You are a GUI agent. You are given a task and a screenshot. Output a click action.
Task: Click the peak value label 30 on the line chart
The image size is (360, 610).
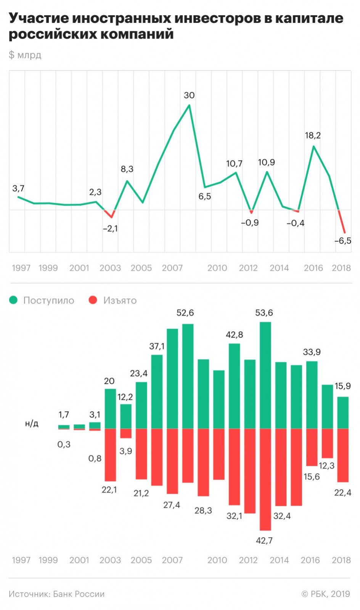click(x=189, y=95)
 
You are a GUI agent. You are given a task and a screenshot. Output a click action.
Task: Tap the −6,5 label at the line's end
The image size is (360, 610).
click(x=342, y=241)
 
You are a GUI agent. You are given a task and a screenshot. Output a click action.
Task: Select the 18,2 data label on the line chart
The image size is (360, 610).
click(x=313, y=135)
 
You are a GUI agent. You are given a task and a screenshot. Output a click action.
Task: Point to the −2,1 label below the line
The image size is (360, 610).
click(x=110, y=229)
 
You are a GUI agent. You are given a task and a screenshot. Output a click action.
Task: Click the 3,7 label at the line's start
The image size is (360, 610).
click(x=18, y=188)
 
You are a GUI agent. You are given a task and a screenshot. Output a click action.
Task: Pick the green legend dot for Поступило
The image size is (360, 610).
click(x=14, y=300)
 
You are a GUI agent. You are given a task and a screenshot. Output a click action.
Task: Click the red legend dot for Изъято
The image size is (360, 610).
click(x=93, y=300)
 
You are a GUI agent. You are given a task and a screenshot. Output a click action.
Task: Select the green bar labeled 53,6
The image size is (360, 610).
click(x=265, y=376)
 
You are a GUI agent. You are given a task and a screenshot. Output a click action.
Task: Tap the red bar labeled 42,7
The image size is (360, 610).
click(x=265, y=479)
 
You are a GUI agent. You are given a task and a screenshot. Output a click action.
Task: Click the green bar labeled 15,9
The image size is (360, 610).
click(x=343, y=413)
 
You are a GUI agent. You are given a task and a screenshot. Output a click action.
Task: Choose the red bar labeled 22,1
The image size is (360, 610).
click(x=110, y=455)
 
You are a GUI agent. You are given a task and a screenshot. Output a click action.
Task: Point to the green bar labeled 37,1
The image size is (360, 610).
click(x=157, y=392)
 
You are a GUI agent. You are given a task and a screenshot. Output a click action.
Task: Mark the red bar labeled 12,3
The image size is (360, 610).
click(x=327, y=443)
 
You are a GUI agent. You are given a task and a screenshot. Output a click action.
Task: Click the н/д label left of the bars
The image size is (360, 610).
click(x=32, y=424)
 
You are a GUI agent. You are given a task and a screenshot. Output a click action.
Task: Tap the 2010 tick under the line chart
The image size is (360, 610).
click(x=217, y=268)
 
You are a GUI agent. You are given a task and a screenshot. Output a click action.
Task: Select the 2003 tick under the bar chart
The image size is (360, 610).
click(x=110, y=560)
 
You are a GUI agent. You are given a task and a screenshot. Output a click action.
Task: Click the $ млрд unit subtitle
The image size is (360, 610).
click(x=25, y=55)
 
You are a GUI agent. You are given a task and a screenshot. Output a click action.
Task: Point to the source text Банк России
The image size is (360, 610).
click(x=79, y=594)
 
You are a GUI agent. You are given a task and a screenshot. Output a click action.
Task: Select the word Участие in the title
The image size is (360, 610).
click(x=39, y=18)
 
